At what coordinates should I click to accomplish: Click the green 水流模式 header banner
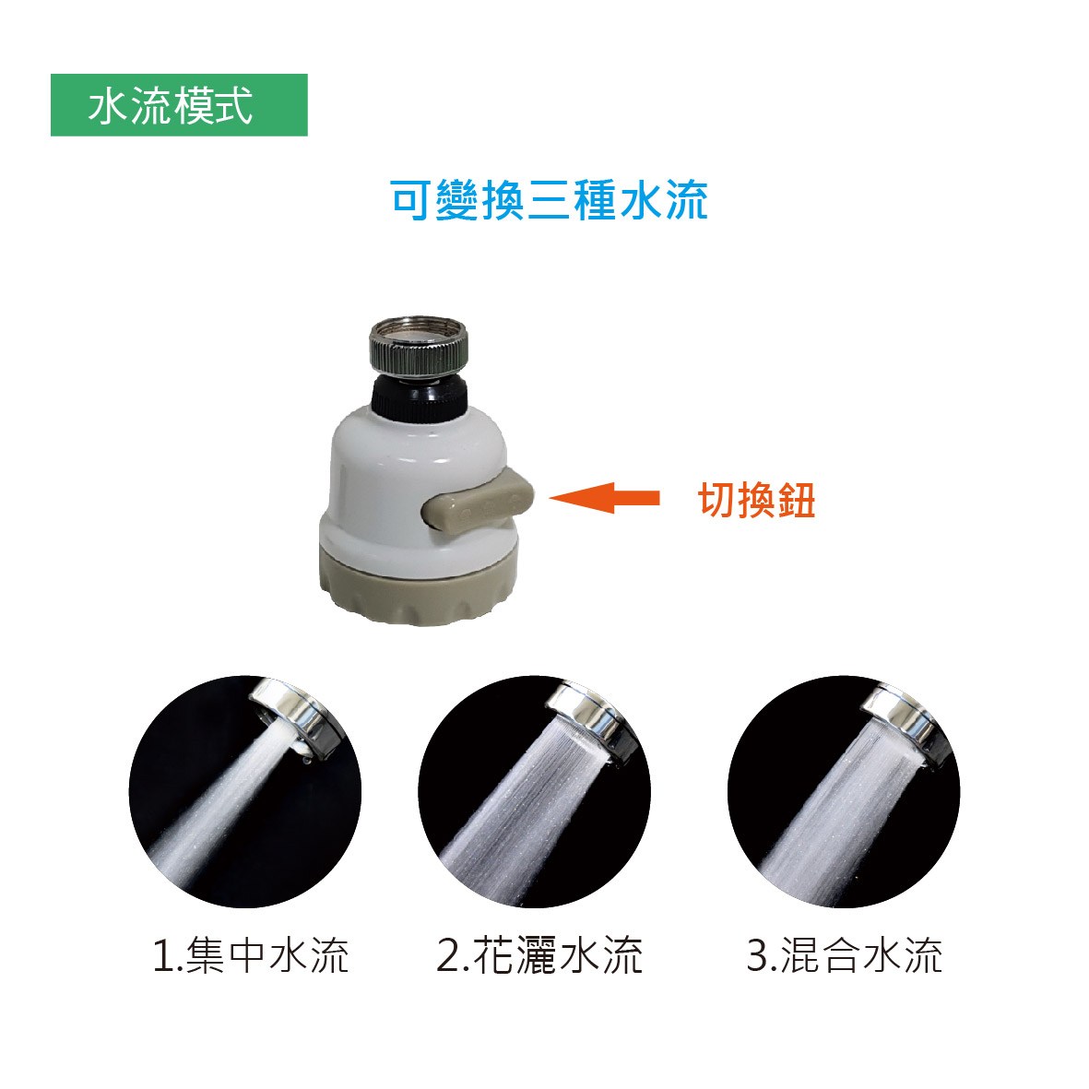click(179, 105)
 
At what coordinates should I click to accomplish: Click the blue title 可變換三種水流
click(550, 200)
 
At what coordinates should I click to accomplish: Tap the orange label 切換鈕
click(757, 500)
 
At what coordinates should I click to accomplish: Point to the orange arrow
click(604, 497)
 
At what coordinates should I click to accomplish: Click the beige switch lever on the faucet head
click(478, 502)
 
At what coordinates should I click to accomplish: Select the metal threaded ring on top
click(418, 347)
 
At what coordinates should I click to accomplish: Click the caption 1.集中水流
click(250, 955)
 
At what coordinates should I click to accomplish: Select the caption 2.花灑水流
click(539, 955)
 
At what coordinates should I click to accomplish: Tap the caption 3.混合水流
click(845, 955)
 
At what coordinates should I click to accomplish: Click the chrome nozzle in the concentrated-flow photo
click(297, 716)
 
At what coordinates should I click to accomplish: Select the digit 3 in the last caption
click(757, 955)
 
